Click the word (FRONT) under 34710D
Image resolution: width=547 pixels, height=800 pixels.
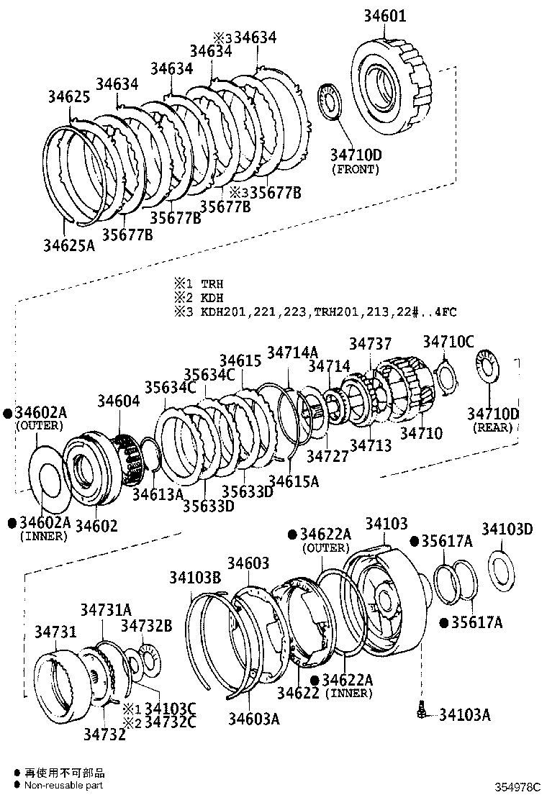(x=355, y=170)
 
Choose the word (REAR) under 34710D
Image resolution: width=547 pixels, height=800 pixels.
(x=492, y=427)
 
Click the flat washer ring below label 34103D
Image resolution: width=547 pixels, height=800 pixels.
(x=502, y=568)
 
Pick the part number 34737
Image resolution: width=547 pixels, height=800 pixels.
(x=371, y=345)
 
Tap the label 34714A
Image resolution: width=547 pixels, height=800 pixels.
(x=292, y=353)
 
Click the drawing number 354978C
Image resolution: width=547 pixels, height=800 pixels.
(x=517, y=787)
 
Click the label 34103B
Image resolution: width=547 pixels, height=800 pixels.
(x=195, y=577)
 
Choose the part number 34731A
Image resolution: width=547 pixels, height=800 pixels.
(x=106, y=610)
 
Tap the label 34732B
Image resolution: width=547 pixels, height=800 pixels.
(x=146, y=625)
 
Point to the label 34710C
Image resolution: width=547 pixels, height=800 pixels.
(x=448, y=341)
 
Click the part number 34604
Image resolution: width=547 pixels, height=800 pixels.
(x=119, y=401)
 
